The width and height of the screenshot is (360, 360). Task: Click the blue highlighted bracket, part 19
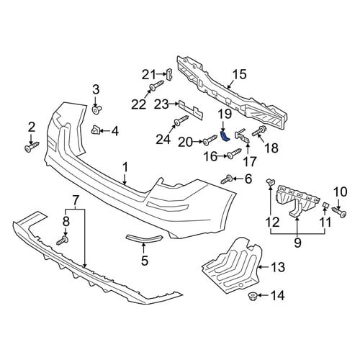[225, 136]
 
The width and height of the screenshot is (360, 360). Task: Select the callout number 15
[239, 74]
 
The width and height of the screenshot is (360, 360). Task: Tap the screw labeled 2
[32, 147]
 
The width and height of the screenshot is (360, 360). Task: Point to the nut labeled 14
[253, 296]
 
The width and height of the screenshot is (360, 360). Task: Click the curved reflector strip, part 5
[145, 238]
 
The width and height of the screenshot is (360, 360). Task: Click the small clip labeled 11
[325, 204]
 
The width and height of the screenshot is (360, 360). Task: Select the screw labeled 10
[339, 212]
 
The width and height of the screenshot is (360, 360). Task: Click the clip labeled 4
[95, 130]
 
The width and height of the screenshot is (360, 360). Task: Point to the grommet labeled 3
[97, 110]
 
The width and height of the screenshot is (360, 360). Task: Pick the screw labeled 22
[157, 85]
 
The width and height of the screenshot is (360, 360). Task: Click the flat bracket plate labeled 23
[191, 109]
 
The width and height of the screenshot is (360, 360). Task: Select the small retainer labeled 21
[170, 74]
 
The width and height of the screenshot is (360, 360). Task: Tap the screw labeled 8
[63, 240]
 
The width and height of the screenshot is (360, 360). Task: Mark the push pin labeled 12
[270, 183]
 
